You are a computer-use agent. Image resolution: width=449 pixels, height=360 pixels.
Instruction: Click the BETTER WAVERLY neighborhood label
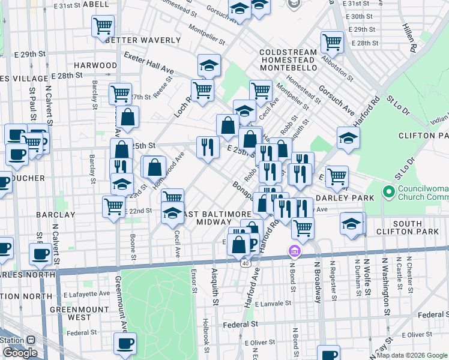[142, 40]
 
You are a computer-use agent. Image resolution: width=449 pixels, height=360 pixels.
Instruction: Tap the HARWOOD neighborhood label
[95, 65]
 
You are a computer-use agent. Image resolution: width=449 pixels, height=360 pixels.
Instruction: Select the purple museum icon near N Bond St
[295, 250]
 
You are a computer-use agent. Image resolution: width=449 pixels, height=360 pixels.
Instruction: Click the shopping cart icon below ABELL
[103, 26]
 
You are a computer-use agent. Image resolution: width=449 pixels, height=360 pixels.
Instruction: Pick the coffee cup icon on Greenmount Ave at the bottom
[125, 343]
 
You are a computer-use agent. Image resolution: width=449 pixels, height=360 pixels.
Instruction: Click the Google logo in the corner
[20, 353]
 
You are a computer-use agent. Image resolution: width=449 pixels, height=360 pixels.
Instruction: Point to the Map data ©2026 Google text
[411, 355]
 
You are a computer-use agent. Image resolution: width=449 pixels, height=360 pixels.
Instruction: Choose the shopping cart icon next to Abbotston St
[331, 41]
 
